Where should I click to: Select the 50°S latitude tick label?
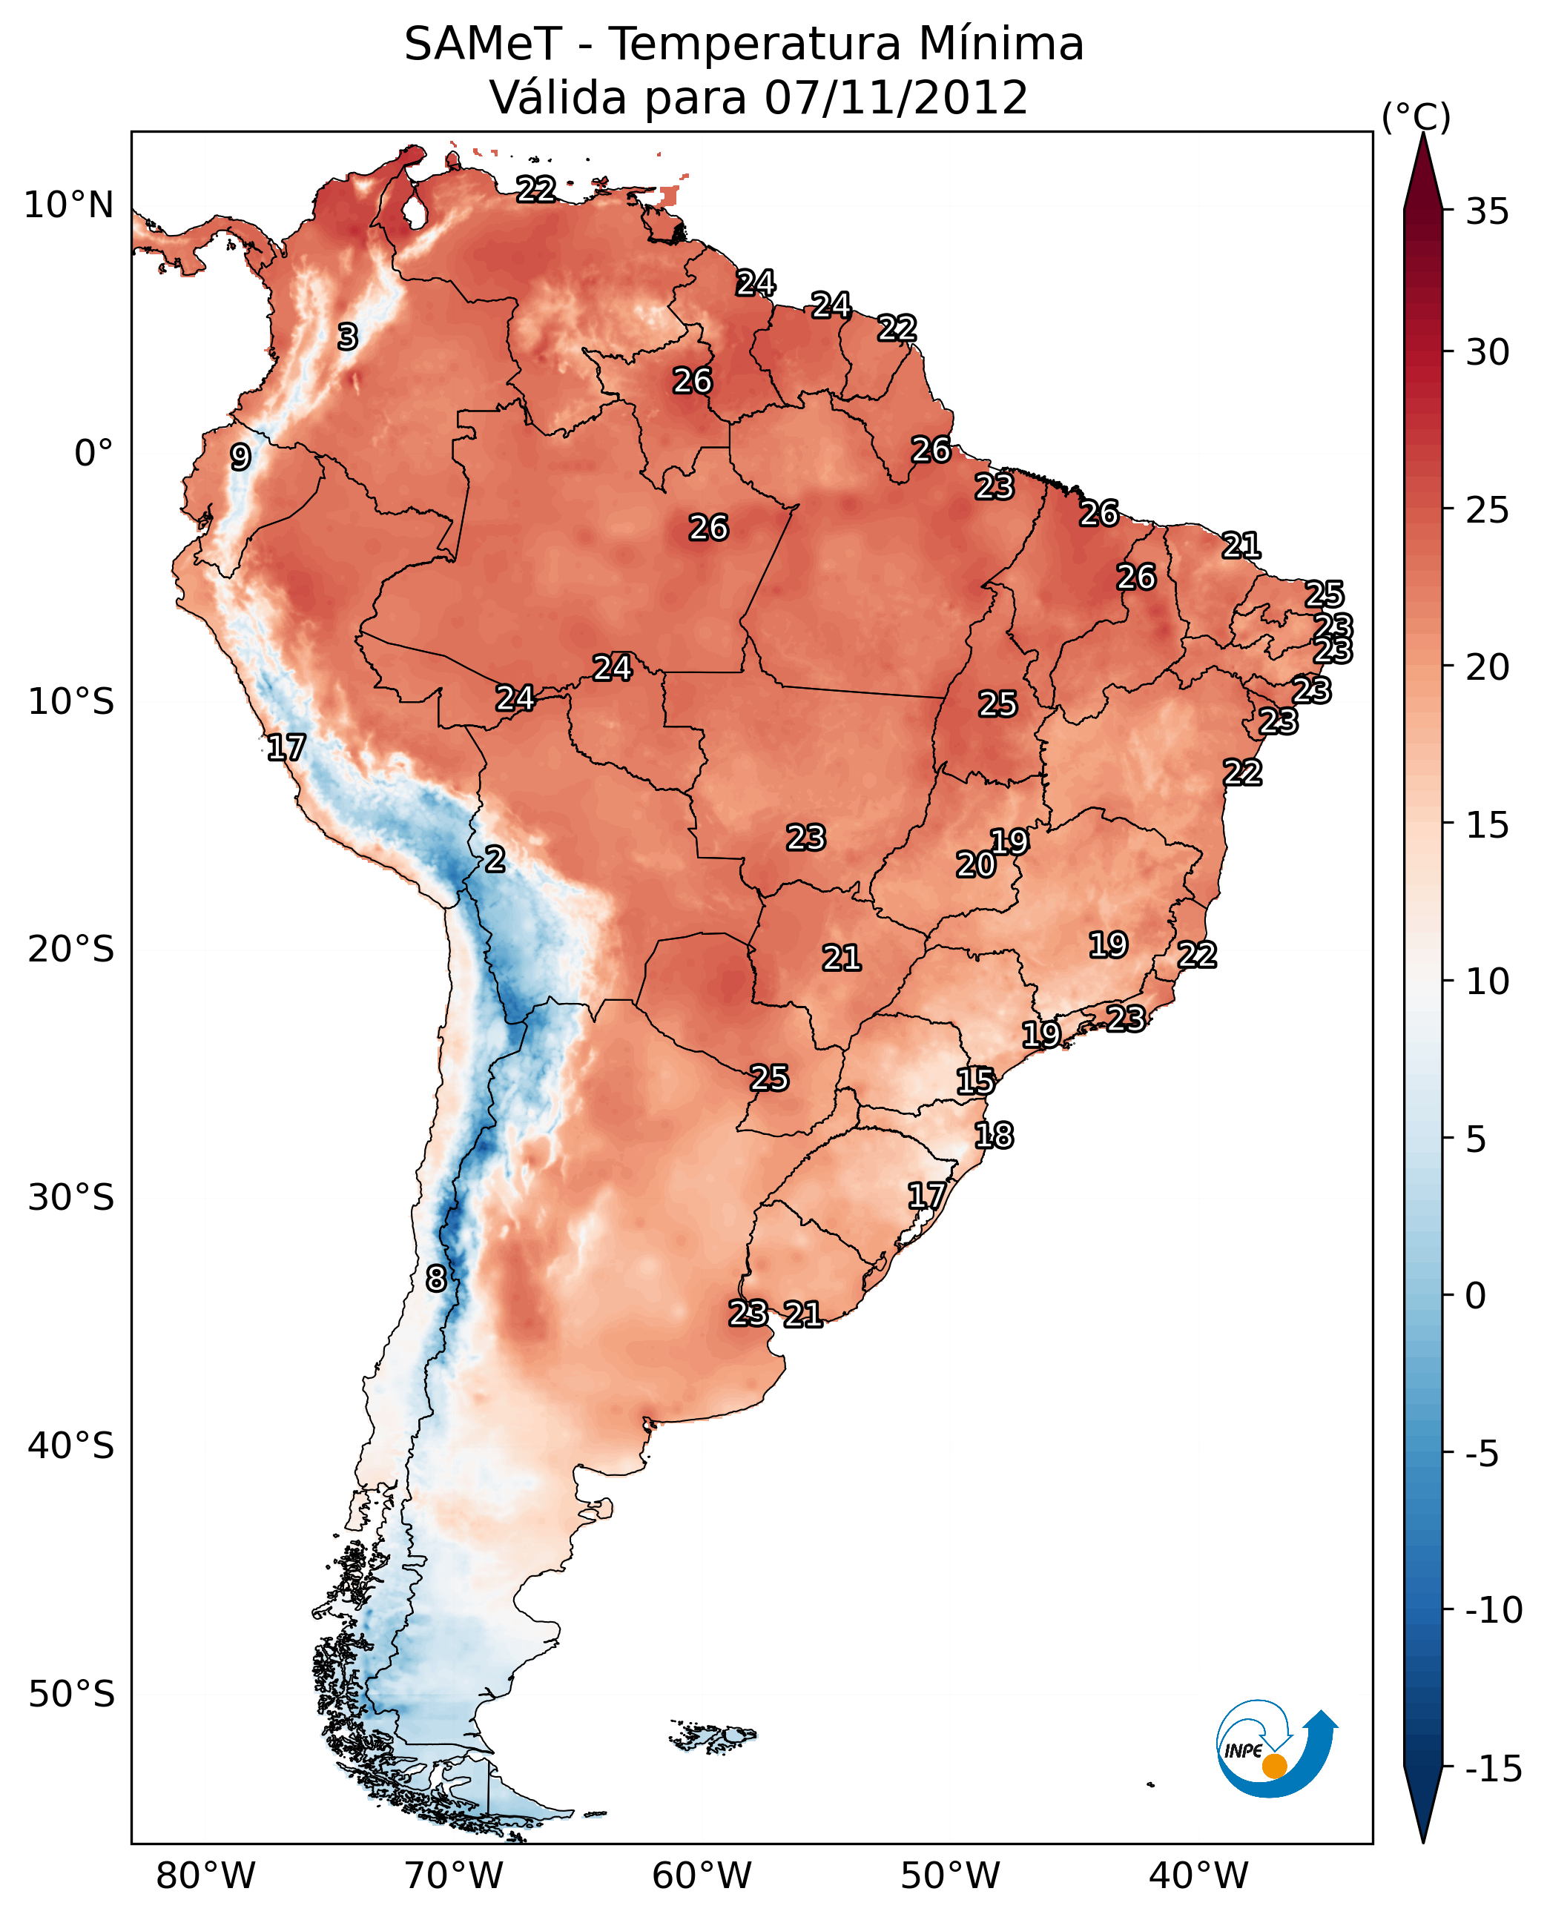(70, 1693)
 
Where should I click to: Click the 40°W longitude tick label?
(1198, 1875)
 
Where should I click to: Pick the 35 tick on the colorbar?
(1487, 212)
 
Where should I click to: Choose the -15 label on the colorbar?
(1494, 1769)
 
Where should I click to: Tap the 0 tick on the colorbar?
(1476, 1295)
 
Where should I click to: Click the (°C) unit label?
(1416, 116)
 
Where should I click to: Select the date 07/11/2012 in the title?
(896, 97)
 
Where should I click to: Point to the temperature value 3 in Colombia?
(348, 337)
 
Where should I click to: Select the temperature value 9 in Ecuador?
(240, 457)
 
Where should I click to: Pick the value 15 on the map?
(975, 1081)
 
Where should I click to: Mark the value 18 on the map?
(994, 1135)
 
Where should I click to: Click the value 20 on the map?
(976, 864)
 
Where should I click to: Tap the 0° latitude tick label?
(93, 454)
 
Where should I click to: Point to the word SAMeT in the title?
(483, 44)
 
